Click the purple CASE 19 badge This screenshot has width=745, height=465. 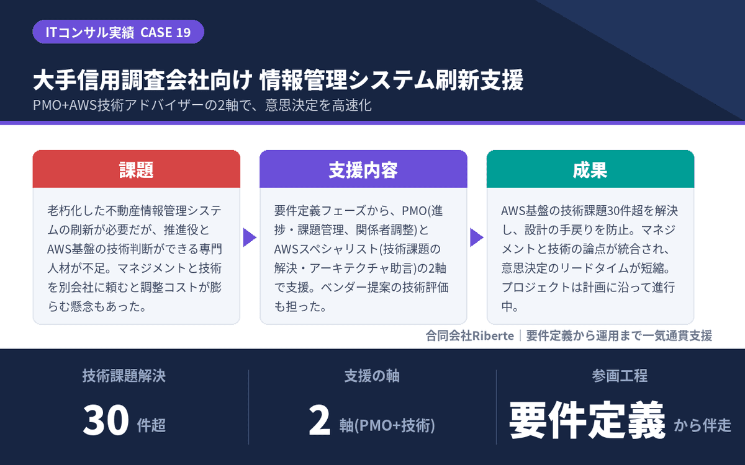(x=118, y=32)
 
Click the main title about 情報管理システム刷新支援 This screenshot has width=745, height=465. (x=278, y=80)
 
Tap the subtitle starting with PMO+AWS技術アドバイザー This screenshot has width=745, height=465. (x=202, y=105)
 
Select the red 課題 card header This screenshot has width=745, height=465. (x=137, y=169)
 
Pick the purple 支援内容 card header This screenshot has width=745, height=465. (x=363, y=169)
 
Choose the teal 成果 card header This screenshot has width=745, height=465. (x=590, y=169)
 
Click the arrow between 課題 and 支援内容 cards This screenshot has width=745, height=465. (x=250, y=237)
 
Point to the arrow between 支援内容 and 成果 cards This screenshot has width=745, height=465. (x=477, y=237)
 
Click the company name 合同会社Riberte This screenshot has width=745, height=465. (x=470, y=336)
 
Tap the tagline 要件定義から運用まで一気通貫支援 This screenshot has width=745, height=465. (x=619, y=336)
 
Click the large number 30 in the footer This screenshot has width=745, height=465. (x=106, y=420)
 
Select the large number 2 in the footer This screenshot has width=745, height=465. (x=319, y=420)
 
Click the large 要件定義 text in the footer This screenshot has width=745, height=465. (x=587, y=420)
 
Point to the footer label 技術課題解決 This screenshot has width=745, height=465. (x=124, y=376)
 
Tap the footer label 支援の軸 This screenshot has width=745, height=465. (x=372, y=376)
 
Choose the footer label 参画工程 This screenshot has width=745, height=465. (x=620, y=376)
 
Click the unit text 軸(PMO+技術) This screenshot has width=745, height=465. (x=387, y=425)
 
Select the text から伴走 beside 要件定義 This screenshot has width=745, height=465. (x=702, y=425)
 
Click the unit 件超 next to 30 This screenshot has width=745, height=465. (x=151, y=425)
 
